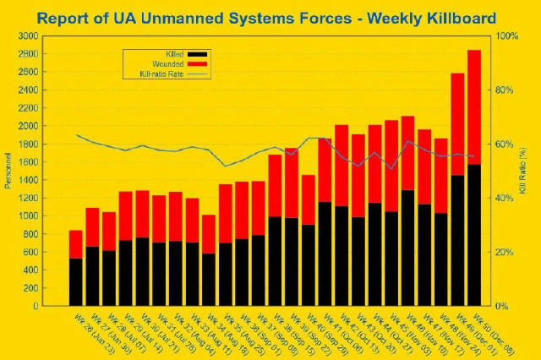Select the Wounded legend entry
pos(173,64)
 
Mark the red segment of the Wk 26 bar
pos(75,244)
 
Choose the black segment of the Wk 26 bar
pos(75,281)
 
